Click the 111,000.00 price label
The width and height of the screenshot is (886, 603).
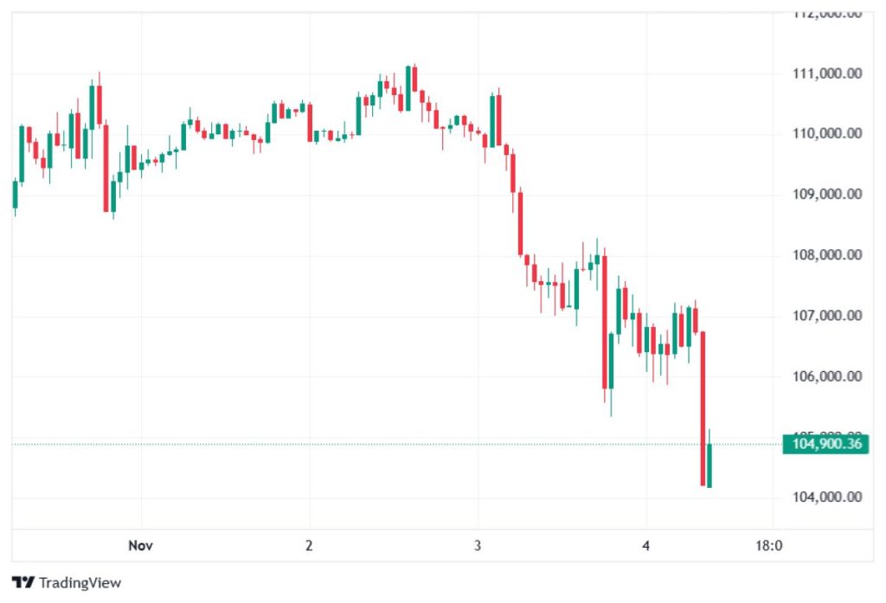(x=826, y=74)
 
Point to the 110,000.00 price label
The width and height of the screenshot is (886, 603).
(x=826, y=133)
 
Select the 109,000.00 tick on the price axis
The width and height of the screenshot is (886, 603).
(x=826, y=194)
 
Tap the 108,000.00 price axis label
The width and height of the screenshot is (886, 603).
(x=826, y=255)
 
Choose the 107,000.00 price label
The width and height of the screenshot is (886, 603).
(x=826, y=316)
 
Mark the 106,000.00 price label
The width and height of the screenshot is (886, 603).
(x=826, y=376)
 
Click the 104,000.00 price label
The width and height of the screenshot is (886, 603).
(x=826, y=497)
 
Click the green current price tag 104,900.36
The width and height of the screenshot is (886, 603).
(x=825, y=445)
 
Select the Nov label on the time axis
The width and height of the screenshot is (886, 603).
(x=140, y=546)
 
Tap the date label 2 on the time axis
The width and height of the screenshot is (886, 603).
(x=309, y=546)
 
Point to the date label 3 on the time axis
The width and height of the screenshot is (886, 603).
(x=478, y=546)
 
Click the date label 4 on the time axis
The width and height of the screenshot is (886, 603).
(x=646, y=546)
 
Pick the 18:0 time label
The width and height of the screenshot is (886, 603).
(x=769, y=546)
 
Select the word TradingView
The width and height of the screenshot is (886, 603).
(x=80, y=582)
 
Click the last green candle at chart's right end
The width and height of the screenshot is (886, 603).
(x=709, y=465)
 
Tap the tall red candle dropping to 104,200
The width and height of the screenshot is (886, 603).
(x=703, y=407)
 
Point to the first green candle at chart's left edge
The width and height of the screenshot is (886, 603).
(x=15, y=194)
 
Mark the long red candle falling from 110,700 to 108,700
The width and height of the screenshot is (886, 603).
(x=106, y=168)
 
